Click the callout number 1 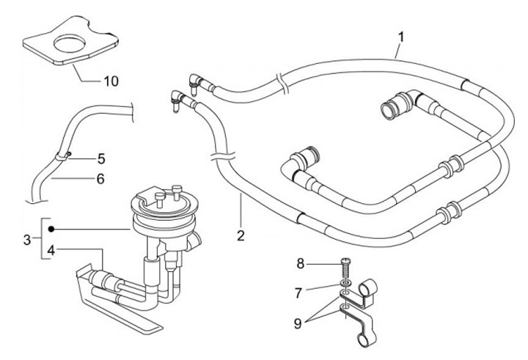[x=401, y=36]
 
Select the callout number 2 [x=241, y=236]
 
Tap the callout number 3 [x=27, y=239]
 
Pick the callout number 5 [x=101, y=158]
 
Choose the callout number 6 [x=100, y=178]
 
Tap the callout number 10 [x=111, y=80]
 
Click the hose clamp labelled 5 [x=65, y=155]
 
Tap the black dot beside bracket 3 [x=51, y=229]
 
